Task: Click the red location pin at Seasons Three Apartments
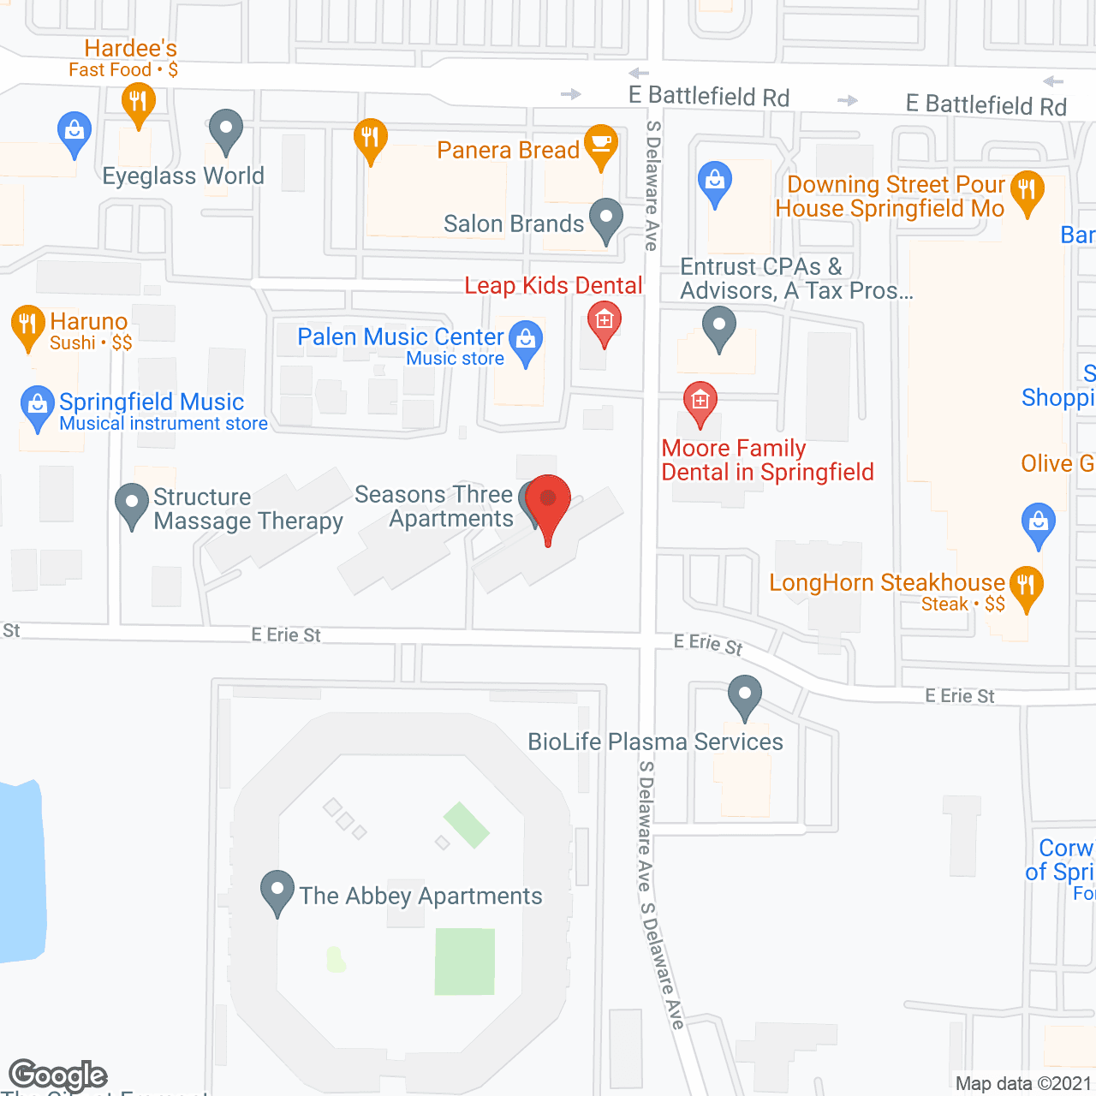click(547, 500)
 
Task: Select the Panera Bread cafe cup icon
click(601, 143)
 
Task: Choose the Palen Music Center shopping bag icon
click(526, 340)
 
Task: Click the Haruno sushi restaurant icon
click(27, 325)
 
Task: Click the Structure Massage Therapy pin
click(132, 503)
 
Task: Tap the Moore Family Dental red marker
click(700, 401)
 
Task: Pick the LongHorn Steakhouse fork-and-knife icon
click(1026, 586)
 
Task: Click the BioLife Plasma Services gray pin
click(745, 694)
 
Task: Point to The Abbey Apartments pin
click(277, 890)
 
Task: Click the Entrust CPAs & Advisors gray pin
click(718, 326)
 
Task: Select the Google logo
click(58, 1075)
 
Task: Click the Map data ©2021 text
click(1023, 1083)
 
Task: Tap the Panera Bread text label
click(508, 151)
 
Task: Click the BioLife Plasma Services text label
click(655, 742)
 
